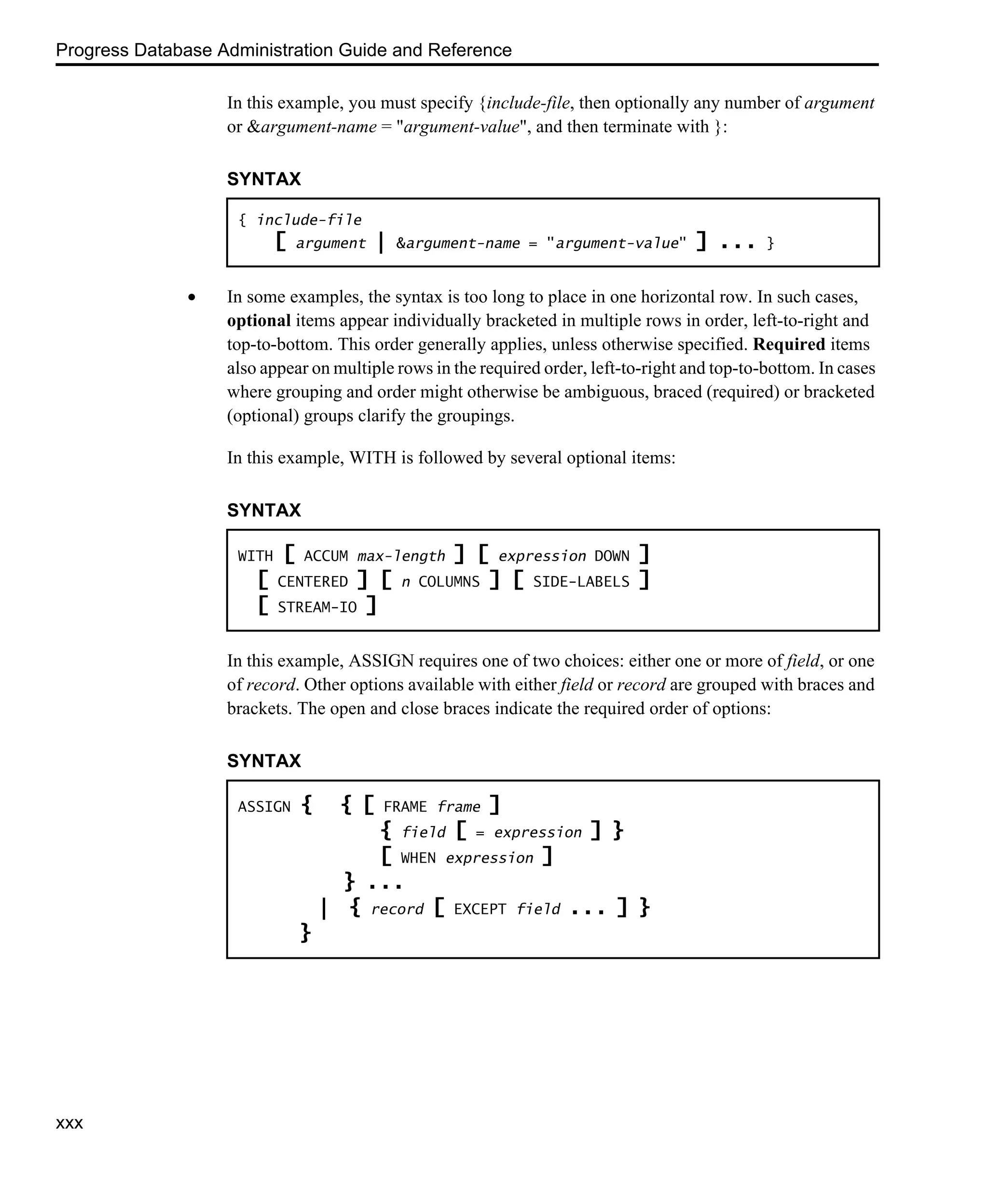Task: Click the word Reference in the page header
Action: coord(469,50)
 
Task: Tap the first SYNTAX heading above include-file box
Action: coord(264,179)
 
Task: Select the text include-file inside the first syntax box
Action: coord(309,220)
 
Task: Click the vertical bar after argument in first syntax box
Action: coord(381,243)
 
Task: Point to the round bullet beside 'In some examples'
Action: coord(192,297)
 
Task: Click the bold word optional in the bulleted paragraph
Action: coord(259,321)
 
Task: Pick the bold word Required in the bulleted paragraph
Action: coord(789,345)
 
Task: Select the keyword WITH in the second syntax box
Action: coord(255,556)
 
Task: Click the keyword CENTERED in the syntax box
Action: coord(312,582)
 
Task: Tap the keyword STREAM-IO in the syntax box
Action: coord(317,607)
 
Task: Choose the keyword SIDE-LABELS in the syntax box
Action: coord(581,582)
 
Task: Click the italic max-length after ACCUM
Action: coord(401,556)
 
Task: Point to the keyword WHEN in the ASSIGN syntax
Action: coord(418,858)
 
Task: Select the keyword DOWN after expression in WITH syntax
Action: coord(611,556)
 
